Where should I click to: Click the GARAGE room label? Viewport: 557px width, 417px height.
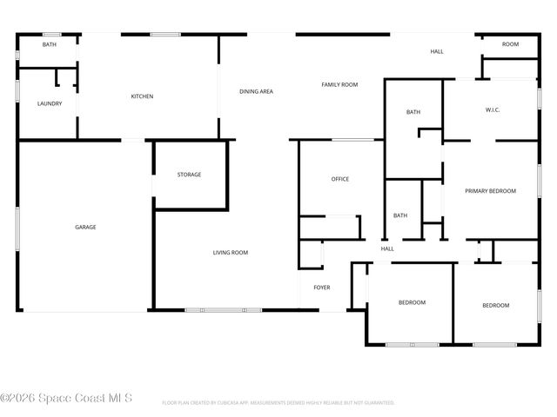85,227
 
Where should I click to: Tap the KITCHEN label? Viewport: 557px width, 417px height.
142,96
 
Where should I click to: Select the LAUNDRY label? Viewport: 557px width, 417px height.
50,104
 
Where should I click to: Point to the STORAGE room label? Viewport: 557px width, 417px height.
189,175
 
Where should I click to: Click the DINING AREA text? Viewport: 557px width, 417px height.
257,91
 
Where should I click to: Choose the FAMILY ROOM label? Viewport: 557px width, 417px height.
339,84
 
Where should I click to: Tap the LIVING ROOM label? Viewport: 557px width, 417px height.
231,253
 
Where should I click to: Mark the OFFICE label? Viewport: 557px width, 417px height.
339,179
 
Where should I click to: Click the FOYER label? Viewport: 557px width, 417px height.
322,288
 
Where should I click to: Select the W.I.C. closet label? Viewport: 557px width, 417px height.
493,109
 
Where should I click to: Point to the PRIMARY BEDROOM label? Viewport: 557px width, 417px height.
490,191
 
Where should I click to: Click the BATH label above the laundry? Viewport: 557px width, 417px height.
50,44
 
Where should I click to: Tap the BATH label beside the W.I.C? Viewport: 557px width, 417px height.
413,112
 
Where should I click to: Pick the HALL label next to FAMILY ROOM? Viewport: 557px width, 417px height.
437,51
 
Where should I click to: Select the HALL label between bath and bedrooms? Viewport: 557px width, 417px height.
387,248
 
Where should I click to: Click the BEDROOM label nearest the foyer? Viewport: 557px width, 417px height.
412,302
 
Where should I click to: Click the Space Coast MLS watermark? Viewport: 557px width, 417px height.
67,398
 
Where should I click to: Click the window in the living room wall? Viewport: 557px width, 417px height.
223,309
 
